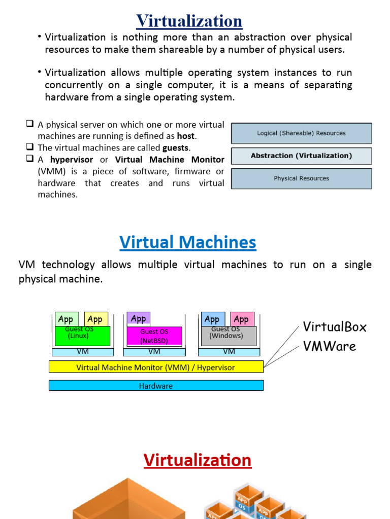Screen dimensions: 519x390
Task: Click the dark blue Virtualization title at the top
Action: [x=189, y=21]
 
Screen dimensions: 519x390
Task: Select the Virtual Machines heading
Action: [x=188, y=242]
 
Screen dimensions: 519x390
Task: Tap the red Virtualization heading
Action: [x=197, y=460]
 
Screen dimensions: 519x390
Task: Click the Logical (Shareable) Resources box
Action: [x=302, y=133]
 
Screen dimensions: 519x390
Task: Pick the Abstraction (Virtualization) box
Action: [x=302, y=156]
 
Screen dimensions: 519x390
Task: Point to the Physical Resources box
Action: [x=302, y=178]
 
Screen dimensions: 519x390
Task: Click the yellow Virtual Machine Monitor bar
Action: [x=156, y=367]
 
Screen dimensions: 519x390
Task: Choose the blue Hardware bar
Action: [x=156, y=386]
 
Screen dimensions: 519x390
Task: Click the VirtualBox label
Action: [x=334, y=326]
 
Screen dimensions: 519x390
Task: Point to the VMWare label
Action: [x=329, y=347]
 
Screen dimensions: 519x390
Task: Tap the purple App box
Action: [x=138, y=319]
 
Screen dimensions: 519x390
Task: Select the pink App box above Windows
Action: [x=241, y=319]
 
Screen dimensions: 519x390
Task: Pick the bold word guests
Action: [x=176, y=148]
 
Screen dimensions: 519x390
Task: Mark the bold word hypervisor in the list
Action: [x=72, y=160]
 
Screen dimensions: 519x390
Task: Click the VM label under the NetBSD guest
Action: [x=154, y=351]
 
